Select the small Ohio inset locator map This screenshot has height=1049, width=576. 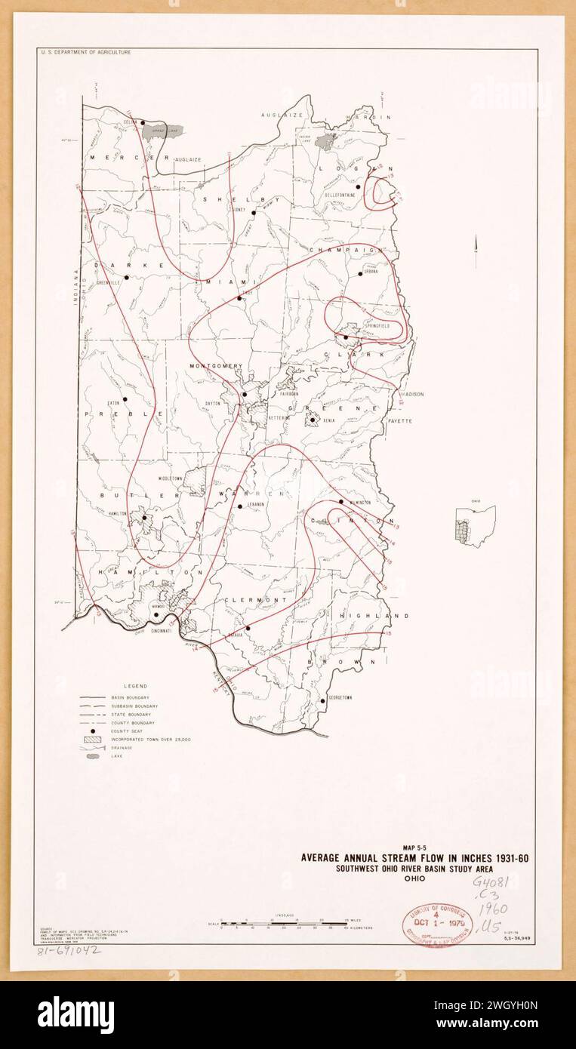476,526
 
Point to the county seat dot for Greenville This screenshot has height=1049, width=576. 127,277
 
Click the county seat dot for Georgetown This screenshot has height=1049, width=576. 322,700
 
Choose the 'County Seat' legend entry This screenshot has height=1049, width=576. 109,731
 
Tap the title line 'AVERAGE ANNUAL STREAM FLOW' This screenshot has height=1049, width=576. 418,857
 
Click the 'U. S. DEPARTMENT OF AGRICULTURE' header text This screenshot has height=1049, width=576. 84,52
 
